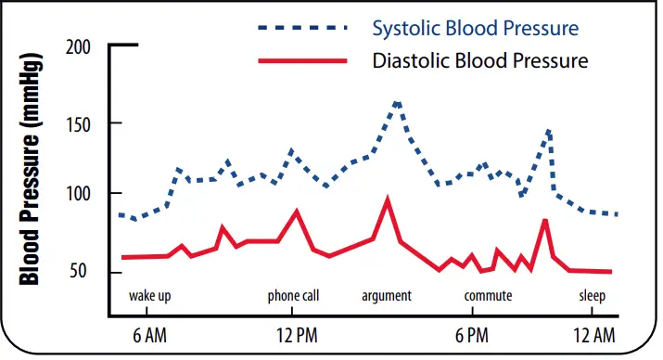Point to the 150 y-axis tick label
(80, 122)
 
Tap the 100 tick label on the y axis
(80, 194)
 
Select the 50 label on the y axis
(83, 272)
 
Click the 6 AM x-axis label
(149, 334)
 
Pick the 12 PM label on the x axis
(297, 334)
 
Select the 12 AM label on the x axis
(593, 334)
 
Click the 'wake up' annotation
(150, 296)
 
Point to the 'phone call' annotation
(293, 296)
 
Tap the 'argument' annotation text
(387, 296)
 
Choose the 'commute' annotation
(489, 296)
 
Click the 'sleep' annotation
(593, 296)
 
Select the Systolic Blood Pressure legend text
(475, 27)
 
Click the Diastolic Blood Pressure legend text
(479, 62)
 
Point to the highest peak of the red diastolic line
(388, 198)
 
